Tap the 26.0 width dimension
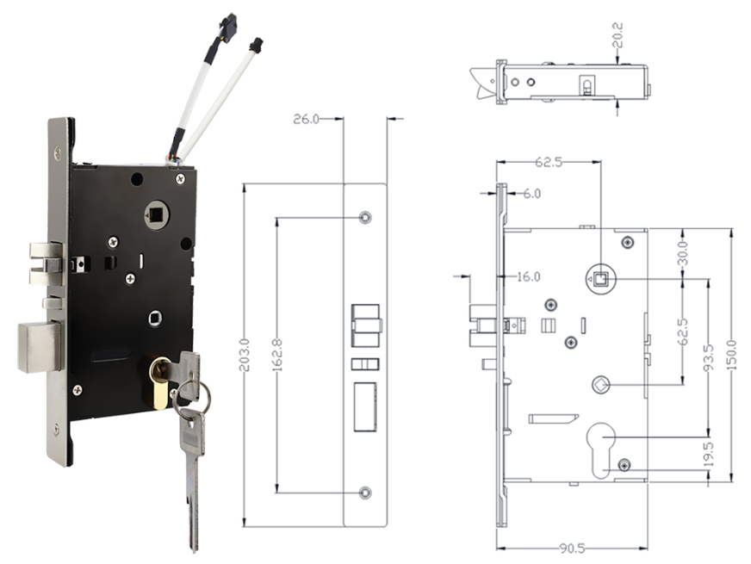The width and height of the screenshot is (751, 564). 307,119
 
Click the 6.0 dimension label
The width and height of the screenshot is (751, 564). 531,195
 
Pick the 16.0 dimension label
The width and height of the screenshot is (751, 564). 527,276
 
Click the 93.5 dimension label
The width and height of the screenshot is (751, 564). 708,357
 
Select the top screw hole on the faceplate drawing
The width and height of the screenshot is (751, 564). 365,215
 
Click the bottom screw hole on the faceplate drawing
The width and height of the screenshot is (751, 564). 365,492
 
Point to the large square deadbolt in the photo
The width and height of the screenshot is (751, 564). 39,346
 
